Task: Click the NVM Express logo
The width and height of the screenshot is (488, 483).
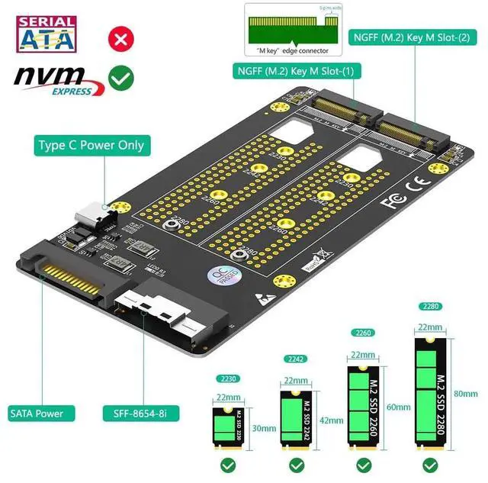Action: (x=53, y=79)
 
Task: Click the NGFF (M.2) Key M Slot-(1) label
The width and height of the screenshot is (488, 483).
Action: (x=297, y=72)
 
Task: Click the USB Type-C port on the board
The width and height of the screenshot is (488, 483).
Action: (x=91, y=215)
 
